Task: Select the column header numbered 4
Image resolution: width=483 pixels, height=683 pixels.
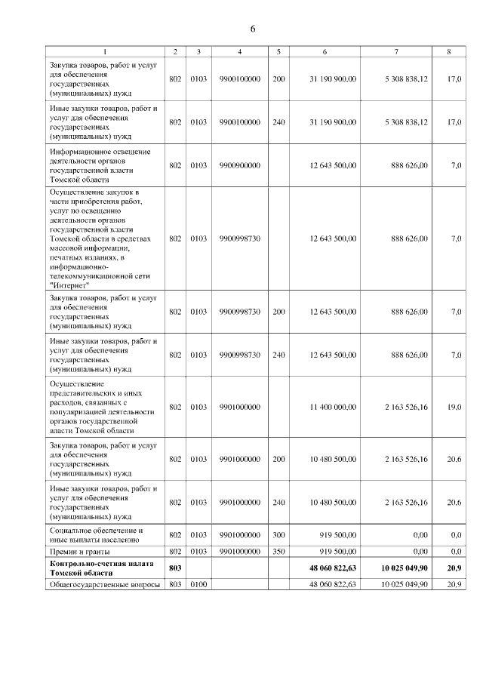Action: click(239, 51)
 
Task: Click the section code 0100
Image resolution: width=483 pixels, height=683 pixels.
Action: click(198, 584)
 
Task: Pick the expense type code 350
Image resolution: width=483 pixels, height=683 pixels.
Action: click(278, 552)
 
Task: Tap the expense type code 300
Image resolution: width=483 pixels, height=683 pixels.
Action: click(278, 535)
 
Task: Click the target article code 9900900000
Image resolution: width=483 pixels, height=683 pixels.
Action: click(239, 165)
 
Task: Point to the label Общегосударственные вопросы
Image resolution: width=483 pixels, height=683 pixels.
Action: click(104, 584)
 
